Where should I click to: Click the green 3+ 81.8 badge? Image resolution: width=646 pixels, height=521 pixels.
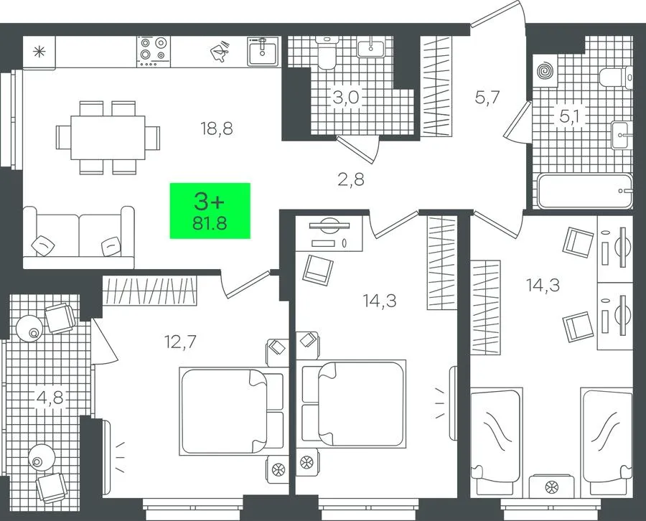click(x=210, y=210)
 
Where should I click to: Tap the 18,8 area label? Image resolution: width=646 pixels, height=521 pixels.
click(x=217, y=129)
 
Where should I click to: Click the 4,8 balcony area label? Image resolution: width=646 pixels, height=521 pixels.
click(x=50, y=398)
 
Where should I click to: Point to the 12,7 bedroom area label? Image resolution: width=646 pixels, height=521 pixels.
click(x=180, y=342)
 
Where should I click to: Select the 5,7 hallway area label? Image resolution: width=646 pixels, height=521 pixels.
click(x=487, y=98)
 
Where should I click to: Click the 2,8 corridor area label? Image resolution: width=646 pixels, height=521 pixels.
click(x=351, y=179)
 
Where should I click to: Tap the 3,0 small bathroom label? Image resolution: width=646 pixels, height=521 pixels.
click(x=346, y=98)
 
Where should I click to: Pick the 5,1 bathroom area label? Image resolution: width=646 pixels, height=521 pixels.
click(x=569, y=117)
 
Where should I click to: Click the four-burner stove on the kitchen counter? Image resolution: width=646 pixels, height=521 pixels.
click(x=154, y=52)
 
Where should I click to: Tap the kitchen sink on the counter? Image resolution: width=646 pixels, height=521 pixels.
click(x=263, y=51)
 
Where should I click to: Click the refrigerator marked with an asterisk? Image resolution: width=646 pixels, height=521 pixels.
click(x=39, y=52)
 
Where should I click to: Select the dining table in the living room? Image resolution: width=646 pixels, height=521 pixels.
click(x=108, y=138)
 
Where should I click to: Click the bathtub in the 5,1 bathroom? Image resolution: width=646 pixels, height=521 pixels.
click(x=584, y=191)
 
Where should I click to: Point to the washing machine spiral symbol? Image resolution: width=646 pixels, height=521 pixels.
click(x=545, y=71)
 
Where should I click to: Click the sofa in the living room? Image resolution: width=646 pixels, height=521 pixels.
click(x=79, y=238)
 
